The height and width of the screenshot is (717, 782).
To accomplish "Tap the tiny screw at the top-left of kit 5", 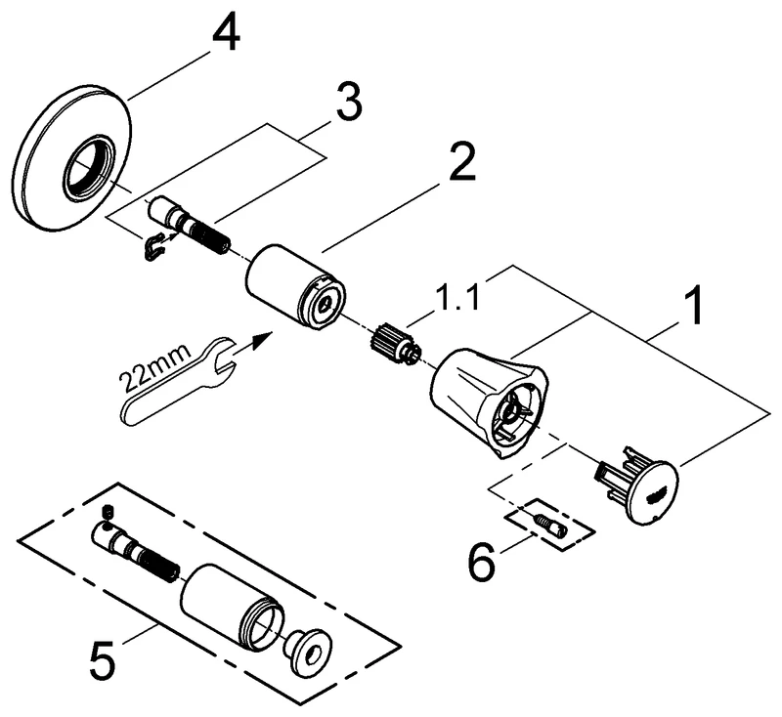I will (x=108, y=512).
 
